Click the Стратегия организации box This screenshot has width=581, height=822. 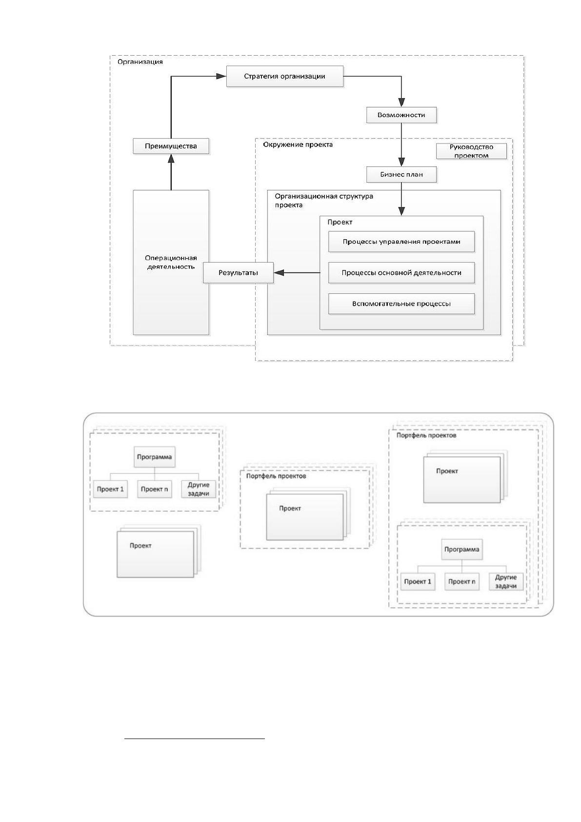coord(284,76)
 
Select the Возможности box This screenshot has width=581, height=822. coord(401,115)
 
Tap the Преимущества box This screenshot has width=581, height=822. coord(171,146)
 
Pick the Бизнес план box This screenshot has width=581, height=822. coord(401,175)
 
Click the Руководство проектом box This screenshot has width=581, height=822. coord(471,151)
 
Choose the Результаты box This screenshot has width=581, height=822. coord(239,273)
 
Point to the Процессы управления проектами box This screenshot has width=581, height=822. coord(401,242)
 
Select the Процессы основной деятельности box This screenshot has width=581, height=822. coord(401,273)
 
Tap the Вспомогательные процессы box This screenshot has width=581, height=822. coord(401,304)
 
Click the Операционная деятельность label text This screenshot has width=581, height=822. coord(171,263)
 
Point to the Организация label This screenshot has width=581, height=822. coord(140,62)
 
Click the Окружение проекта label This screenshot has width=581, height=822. coord(298,144)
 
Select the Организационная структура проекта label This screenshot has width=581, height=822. coord(324,200)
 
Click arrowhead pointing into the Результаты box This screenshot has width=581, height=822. coord(279,273)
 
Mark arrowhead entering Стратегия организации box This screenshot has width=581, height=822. coord(221,76)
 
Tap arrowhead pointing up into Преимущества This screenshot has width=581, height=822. coord(171,159)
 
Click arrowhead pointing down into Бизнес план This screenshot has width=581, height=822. coord(401,162)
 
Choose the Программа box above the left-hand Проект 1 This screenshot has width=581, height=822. coord(155,457)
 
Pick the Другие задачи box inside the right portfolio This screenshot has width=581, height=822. coord(506,582)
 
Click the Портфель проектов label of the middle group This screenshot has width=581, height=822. coord(276,476)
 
